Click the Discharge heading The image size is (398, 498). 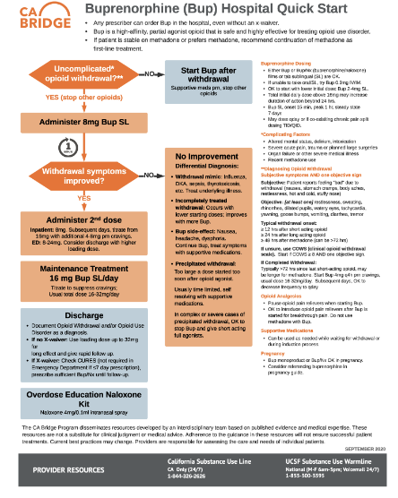point(75,314)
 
